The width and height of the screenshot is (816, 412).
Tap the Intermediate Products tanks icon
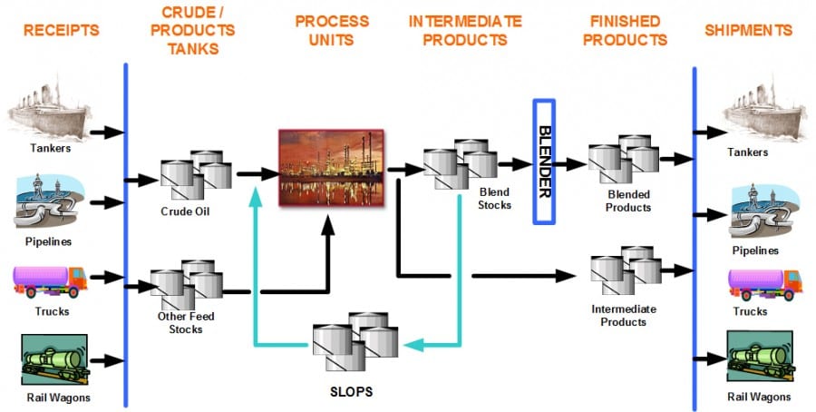[626, 270]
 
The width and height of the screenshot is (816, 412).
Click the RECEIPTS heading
[60, 31]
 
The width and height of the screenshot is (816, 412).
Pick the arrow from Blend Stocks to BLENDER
[517, 165]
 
